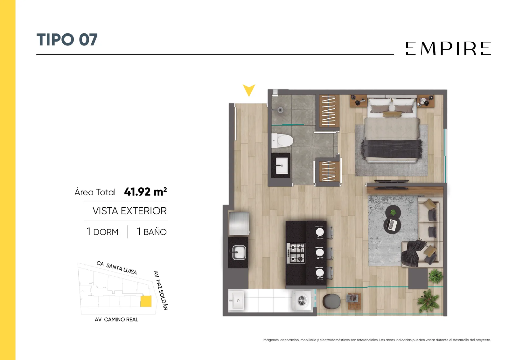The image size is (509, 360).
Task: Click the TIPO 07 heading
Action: point(67,40)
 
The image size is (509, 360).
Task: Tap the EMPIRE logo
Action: point(448,48)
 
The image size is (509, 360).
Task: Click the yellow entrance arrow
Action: point(249,90)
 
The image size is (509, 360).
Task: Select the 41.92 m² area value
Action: point(145,192)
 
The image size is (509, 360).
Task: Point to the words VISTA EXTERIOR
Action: point(129,211)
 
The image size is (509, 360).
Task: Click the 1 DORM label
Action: point(102,232)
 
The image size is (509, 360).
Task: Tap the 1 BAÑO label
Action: point(152,232)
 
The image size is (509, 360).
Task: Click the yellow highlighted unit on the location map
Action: point(146,301)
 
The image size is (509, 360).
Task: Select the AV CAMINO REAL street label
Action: point(116,320)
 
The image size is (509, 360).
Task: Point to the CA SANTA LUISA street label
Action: point(117,267)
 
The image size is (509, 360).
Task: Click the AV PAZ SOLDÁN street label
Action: point(161,290)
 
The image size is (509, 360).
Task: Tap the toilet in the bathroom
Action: point(282,141)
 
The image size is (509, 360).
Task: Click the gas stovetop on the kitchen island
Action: point(296,253)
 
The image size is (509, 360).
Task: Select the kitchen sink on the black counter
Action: point(239,252)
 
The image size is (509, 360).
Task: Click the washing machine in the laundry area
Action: point(302,301)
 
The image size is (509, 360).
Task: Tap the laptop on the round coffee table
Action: point(392,225)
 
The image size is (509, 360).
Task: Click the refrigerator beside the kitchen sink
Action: point(239,223)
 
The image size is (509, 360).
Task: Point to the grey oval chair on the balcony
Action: point(331,301)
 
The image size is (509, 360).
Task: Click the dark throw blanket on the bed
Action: point(391,149)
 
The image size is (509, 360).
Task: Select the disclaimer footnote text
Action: point(377,340)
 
